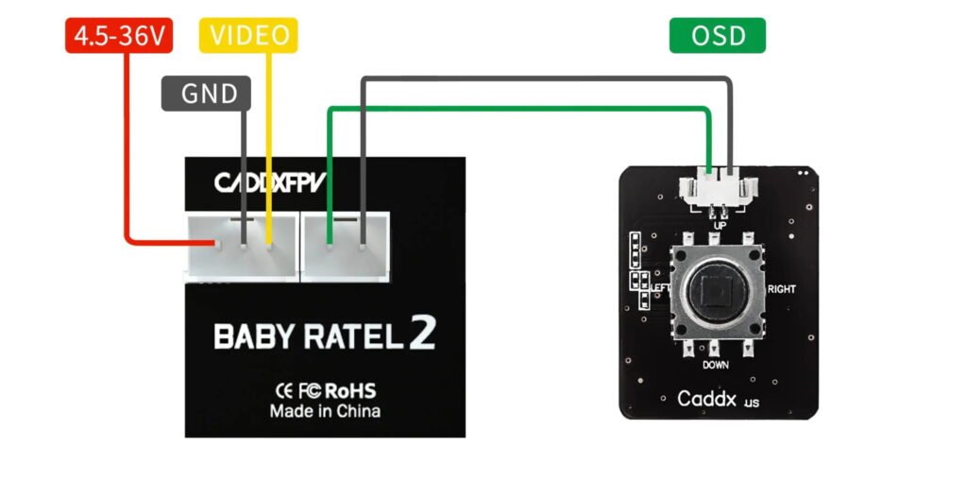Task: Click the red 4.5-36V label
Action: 117,36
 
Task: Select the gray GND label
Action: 205,94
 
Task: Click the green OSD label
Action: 718,36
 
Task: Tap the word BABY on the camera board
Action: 249,337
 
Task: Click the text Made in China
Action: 325,411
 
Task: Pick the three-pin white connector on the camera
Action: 241,247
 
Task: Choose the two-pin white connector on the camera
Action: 346,247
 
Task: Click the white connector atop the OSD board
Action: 719,190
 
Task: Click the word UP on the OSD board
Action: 720,226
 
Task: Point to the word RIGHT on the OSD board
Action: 782,288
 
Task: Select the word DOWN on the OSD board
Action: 715,364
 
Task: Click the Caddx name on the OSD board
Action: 707,398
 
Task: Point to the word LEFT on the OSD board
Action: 660,287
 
